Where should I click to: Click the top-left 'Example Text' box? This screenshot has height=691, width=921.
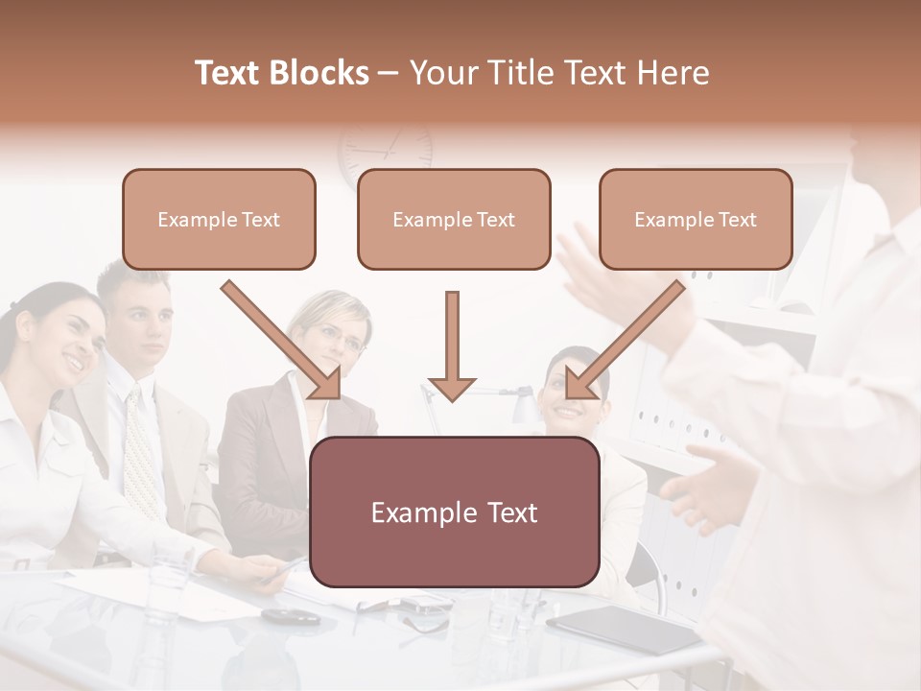[219, 219]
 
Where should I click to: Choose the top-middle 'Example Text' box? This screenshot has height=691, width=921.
[454, 219]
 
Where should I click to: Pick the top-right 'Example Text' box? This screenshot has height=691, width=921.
[696, 219]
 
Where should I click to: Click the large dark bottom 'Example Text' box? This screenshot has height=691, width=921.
[454, 512]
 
